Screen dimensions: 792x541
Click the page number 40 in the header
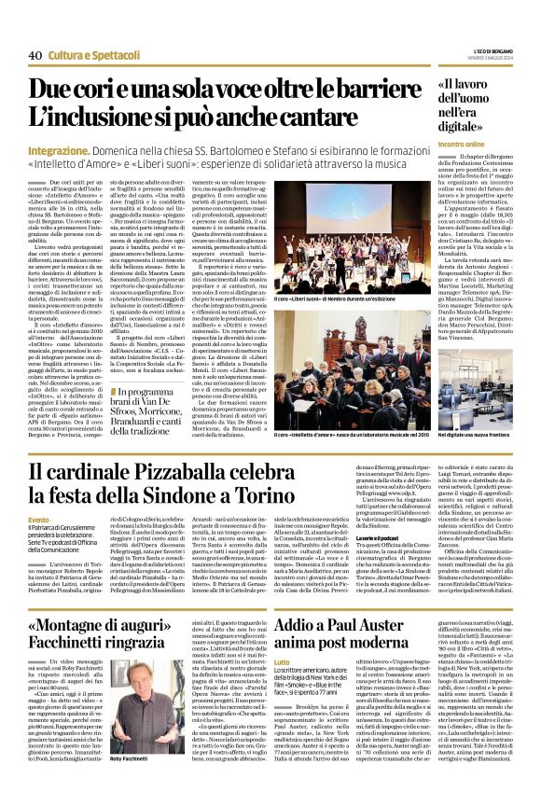coord(35,55)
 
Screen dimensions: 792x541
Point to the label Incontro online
coord(459,145)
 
